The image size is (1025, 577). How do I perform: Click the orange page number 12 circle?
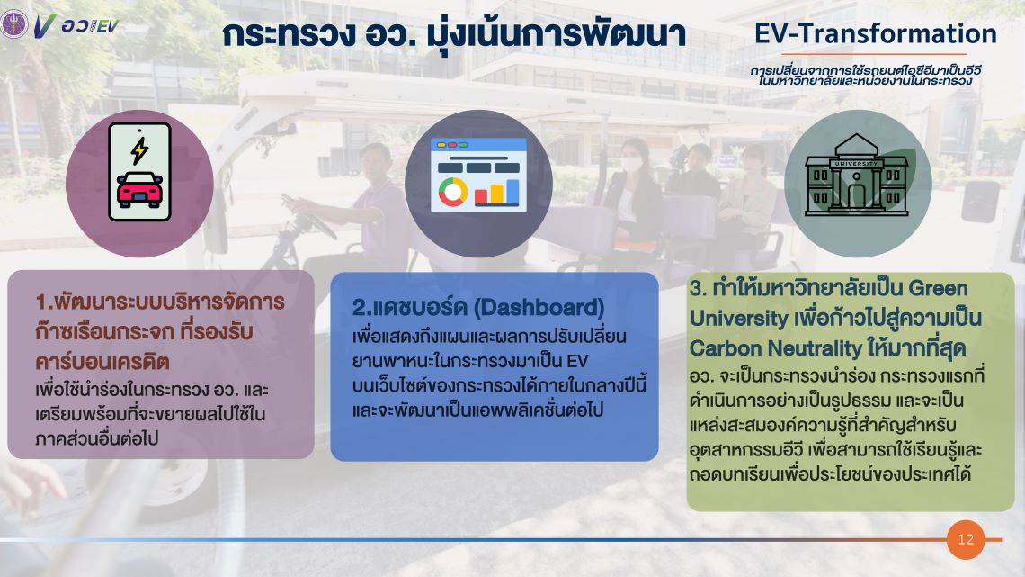(x=966, y=539)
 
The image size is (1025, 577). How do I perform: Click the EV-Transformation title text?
(x=876, y=33)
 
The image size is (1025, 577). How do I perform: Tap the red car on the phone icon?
(x=139, y=190)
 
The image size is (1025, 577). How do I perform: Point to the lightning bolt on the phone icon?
(x=139, y=149)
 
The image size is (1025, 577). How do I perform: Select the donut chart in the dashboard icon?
(x=452, y=192)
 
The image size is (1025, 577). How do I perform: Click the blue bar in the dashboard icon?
(x=512, y=193)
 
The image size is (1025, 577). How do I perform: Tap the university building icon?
(x=856, y=175)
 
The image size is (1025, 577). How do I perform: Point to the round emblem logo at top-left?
(x=13, y=25)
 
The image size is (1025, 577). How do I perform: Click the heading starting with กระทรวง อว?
(x=454, y=34)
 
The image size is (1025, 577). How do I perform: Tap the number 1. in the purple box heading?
(x=44, y=302)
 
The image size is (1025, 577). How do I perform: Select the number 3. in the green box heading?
(x=699, y=288)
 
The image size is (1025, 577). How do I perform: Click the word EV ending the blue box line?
(x=577, y=361)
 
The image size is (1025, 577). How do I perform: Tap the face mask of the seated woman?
(x=631, y=164)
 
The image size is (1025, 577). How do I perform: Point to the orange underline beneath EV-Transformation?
(x=874, y=54)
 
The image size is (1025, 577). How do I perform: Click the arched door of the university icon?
(x=856, y=195)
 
